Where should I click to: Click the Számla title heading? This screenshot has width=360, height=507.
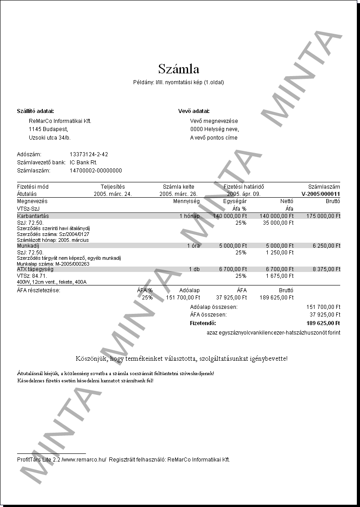[179, 69]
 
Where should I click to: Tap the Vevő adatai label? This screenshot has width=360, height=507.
[194, 111]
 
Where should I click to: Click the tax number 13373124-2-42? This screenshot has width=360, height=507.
[89, 154]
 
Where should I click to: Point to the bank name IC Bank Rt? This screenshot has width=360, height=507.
[83, 163]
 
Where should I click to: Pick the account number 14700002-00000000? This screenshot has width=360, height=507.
[95, 171]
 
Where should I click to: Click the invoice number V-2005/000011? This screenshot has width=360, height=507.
[321, 194]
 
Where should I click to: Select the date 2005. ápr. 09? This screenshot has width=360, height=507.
[244, 194]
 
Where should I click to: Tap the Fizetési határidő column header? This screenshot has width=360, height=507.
[243, 186]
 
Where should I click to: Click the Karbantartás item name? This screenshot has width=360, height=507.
[33, 216]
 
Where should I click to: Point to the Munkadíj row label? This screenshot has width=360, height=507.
[28, 246]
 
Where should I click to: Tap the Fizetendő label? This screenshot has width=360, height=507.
[203, 323]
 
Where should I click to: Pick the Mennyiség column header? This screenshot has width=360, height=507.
[186, 201]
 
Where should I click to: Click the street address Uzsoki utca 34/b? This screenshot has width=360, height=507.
[49, 138]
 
